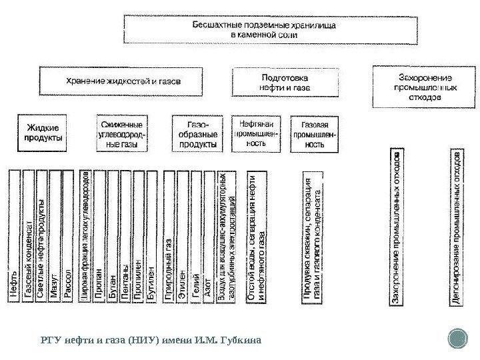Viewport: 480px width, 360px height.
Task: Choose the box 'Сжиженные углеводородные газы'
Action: tap(125, 133)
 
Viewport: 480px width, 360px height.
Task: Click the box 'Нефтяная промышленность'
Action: tap(257, 133)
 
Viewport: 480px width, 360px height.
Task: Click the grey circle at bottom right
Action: tap(459, 338)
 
